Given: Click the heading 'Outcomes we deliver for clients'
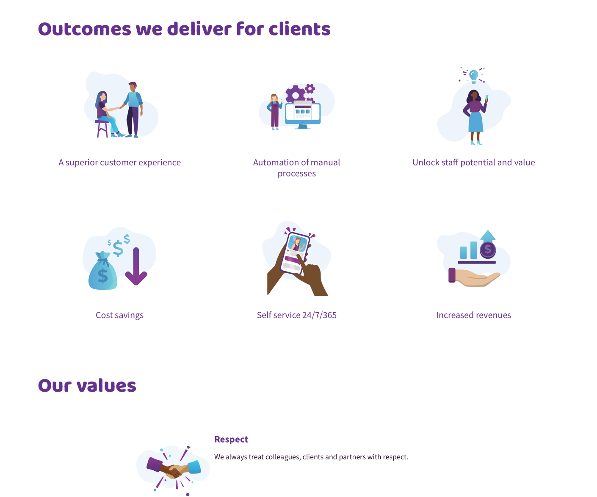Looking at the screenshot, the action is coord(184,29).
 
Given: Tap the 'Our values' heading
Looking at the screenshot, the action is coord(87,385).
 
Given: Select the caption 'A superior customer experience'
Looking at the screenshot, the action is coord(119,162).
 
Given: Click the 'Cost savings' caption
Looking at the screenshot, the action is coord(119,315).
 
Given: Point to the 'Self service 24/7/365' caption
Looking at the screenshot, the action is coord(296,315).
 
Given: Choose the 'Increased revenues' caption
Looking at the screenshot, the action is coord(473,315).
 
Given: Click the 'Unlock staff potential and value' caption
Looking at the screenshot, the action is coord(473,162).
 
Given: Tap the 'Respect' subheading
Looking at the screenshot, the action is coord(231,439).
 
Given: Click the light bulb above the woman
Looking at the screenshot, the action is coord(473,76).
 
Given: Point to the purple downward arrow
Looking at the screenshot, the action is coord(136,266).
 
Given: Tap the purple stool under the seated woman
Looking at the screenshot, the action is coord(102,129).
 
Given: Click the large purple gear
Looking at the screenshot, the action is coord(296,95).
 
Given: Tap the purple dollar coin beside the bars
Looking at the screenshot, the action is coord(488,250).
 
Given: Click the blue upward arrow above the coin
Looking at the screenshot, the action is coord(488,236).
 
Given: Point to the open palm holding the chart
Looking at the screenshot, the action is coord(474,277).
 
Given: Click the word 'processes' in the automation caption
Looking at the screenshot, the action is coord(296,174).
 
